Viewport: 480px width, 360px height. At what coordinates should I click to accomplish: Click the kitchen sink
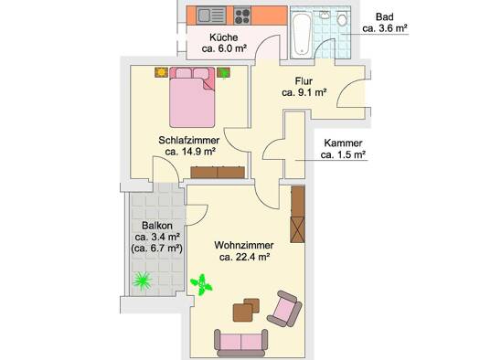[211, 16]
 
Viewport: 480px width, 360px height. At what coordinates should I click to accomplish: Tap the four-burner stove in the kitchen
[242, 16]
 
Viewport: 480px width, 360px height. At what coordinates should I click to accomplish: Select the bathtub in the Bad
[302, 34]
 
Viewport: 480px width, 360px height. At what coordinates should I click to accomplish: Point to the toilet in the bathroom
[342, 19]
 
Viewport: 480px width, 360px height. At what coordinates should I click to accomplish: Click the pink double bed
[192, 97]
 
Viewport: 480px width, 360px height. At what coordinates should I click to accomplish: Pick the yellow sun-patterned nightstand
[161, 72]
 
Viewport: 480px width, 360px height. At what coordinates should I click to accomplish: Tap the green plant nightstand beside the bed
[224, 72]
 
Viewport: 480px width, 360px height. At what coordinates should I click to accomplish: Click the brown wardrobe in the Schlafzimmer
[218, 172]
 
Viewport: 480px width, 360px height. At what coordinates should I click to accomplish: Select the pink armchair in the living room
[284, 309]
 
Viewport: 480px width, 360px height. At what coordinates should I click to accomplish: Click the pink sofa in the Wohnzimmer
[241, 344]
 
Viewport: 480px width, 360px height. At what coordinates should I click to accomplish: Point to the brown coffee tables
[246, 310]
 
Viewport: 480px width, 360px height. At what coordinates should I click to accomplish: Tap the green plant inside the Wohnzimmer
[201, 285]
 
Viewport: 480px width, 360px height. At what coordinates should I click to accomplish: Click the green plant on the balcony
[142, 281]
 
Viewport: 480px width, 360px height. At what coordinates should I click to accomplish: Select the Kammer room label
[343, 143]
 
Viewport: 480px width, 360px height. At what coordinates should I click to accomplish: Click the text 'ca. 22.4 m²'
[244, 257]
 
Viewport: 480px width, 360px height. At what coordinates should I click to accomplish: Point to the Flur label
[304, 81]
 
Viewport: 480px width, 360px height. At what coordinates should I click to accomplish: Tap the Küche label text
[223, 37]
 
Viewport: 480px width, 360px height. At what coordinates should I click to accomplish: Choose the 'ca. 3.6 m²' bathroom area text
[385, 28]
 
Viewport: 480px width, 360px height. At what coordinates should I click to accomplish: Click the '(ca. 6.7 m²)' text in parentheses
[156, 249]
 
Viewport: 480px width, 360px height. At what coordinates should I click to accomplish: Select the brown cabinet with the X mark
[297, 229]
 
